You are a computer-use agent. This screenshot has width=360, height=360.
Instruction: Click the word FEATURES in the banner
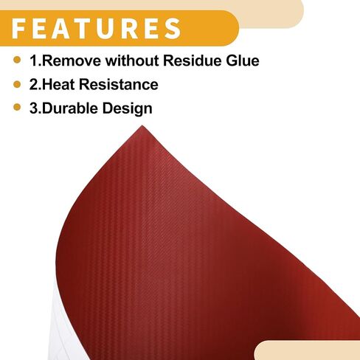(x=97, y=28)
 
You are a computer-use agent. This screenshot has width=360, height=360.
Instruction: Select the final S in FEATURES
(x=173, y=28)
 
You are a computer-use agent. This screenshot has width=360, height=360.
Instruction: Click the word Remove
(x=72, y=60)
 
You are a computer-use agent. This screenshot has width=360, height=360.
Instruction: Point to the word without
(x=132, y=60)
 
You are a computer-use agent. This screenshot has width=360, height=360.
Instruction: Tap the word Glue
(x=243, y=60)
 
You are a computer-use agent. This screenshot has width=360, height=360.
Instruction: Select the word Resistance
(x=119, y=84)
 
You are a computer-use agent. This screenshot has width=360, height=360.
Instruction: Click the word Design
(x=128, y=109)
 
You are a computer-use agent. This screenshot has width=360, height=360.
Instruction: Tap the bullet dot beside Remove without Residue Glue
(x=17, y=60)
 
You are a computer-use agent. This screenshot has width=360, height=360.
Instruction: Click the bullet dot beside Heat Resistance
(x=17, y=84)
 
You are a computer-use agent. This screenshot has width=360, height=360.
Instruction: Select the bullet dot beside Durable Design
(x=17, y=107)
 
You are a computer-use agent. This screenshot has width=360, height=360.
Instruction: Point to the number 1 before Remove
(x=34, y=60)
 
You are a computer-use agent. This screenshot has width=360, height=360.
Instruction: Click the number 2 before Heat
(x=34, y=84)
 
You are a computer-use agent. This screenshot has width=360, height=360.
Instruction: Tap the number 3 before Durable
(x=34, y=108)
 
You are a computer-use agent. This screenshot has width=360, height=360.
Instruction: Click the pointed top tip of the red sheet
(x=142, y=126)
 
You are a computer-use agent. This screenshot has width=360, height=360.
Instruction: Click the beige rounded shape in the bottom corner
(x=308, y=350)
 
